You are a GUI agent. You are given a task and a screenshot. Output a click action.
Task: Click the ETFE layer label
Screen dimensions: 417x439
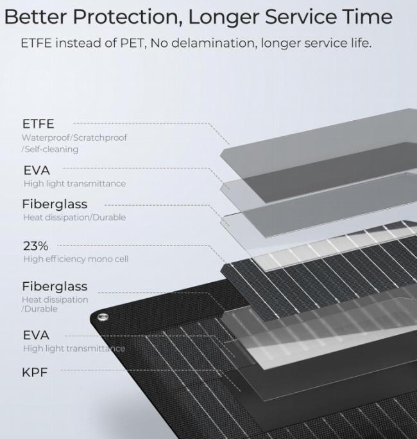click(x=38, y=124)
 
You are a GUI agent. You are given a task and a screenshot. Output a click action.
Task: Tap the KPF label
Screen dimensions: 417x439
click(x=35, y=372)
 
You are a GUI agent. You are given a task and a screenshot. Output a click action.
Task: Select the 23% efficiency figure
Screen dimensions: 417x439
click(x=35, y=246)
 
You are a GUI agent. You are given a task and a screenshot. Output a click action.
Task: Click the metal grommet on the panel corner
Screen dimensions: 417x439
click(x=102, y=317)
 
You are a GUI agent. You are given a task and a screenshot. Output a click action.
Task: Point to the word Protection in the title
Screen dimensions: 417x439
click(x=126, y=17)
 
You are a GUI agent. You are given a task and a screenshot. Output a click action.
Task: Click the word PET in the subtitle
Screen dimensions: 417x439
click(x=133, y=43)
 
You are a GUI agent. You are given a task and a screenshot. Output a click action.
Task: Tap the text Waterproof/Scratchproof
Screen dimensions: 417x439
click(x=74, y=138)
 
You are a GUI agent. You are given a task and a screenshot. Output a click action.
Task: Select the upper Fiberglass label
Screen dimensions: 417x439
click(x=55, y=204)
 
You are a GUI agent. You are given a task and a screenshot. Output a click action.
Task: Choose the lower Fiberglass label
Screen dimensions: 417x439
click(x=55, y=287)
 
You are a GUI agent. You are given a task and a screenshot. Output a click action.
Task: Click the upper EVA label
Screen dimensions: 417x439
click(x=37, y=170)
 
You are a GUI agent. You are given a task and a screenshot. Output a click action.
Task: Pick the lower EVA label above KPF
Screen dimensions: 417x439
click(x=36, y=335)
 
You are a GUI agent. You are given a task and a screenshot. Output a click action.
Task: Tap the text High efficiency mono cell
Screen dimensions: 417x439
click(x=76, y=258)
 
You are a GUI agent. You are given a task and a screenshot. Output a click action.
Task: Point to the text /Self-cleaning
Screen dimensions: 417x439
click(x=50, y=149)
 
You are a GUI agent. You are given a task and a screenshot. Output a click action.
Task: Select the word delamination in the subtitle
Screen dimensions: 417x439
click(x=214, y=43)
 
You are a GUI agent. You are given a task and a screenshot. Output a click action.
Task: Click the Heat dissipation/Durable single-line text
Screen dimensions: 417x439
click(x=74, y=217)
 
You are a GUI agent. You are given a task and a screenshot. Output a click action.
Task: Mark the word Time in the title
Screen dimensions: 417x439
click(x=368, y=17)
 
